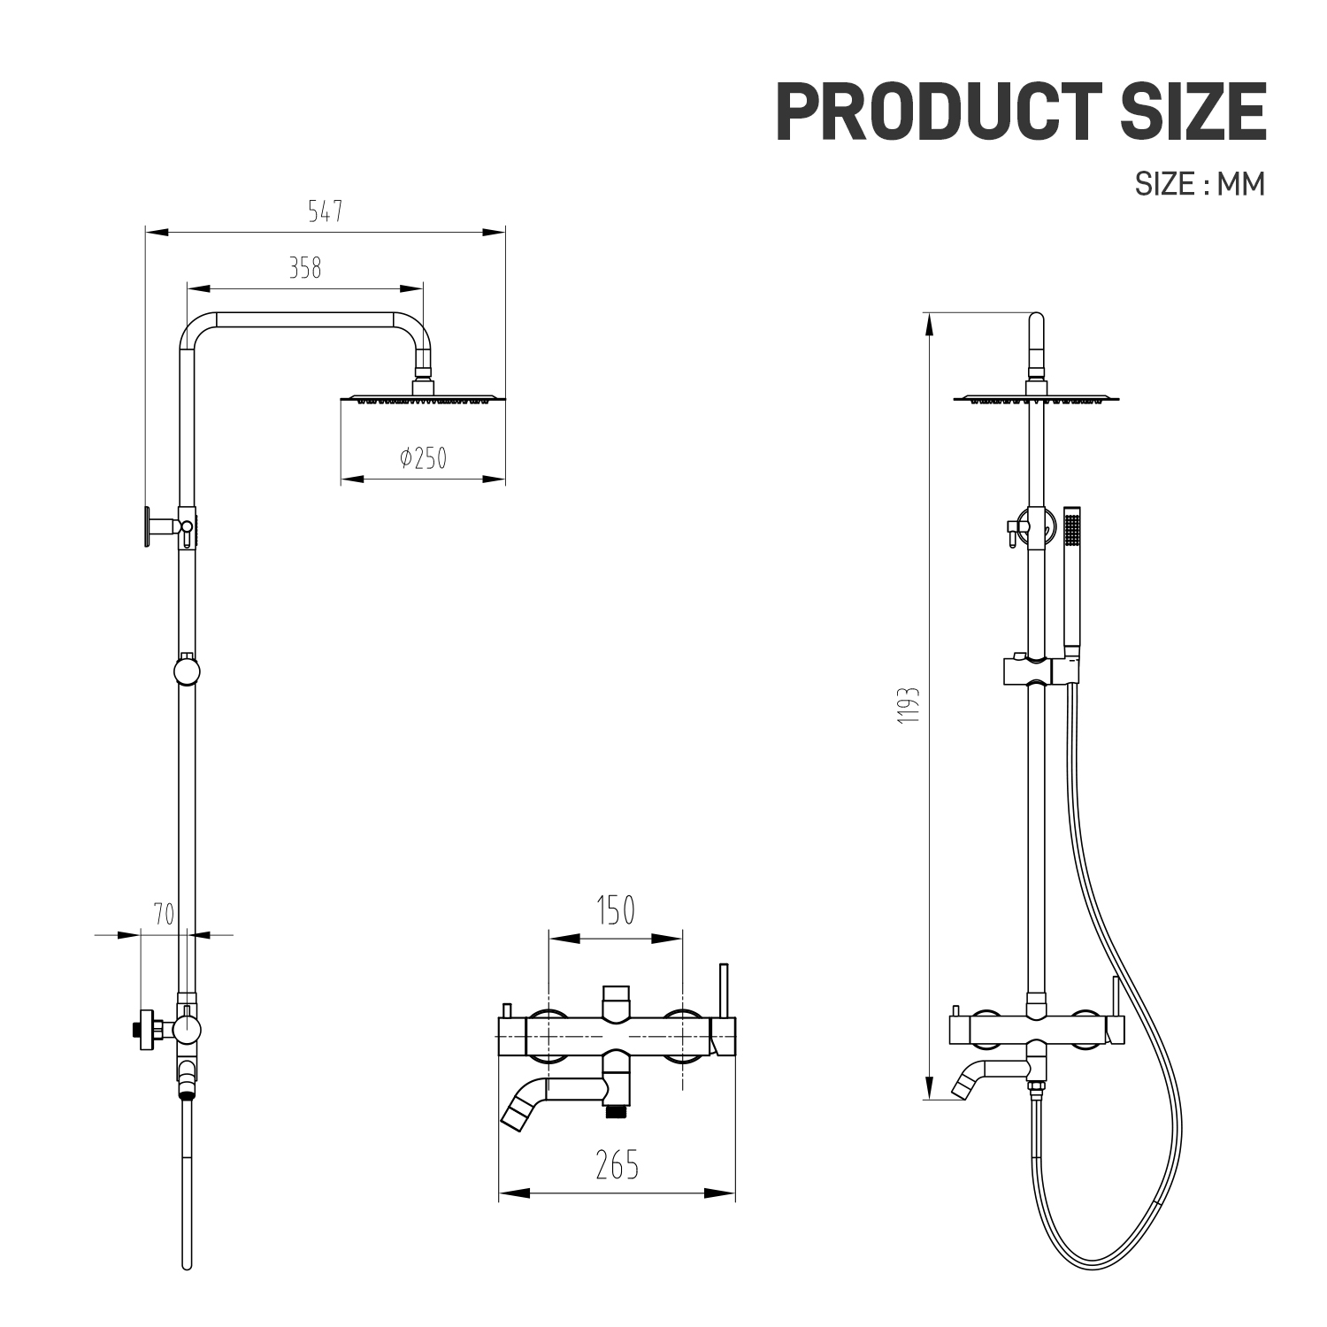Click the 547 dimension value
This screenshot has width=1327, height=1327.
pos(325,212)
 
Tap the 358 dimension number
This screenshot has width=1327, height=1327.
pos(305,267)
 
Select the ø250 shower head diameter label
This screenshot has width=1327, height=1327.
pos(423,458)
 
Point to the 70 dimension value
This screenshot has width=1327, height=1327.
pos(164,915)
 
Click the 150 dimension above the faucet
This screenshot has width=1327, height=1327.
pos(616,910)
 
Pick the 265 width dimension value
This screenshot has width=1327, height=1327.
pos(617,1165)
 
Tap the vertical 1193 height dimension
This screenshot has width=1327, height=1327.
pos(909,705)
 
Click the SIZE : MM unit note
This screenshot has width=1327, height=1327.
pos(1200,183)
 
